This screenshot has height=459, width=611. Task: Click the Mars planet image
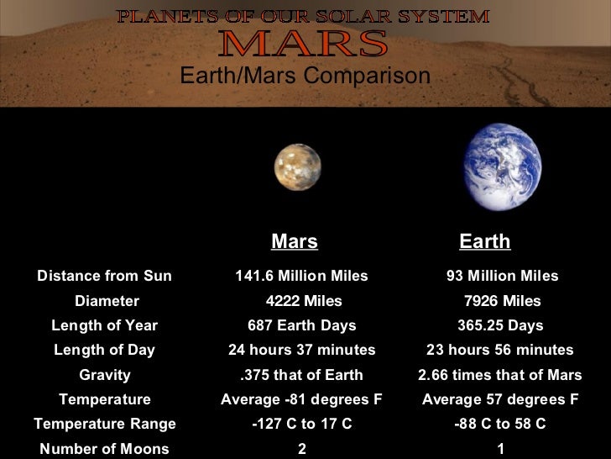coord(297,167)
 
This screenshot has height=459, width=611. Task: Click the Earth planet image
coord(503,166)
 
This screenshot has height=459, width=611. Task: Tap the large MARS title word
coord(303,44)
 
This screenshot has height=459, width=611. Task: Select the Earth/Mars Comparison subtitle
coord(305,76)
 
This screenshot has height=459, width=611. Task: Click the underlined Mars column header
coord(295,242)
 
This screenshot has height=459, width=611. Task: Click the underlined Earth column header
coord(485,242)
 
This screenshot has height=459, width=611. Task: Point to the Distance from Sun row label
coord(104,277)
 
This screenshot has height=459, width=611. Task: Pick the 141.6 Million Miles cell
coord(301,277)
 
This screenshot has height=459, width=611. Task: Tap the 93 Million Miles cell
coord(502,277)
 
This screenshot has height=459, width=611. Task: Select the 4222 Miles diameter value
coord(303,301)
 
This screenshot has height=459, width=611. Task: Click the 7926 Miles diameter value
coord(502,301)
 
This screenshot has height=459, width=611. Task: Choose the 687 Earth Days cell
coord(302,325)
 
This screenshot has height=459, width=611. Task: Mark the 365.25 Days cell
coord(500,325)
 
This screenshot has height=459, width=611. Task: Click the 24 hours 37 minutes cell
coord(302,350)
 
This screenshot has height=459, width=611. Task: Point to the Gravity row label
coord(105,375)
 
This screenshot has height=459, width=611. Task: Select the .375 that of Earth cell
coord(301,375)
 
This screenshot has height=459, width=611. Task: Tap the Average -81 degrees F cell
coord(301,399)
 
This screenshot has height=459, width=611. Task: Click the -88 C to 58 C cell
coord(500,425)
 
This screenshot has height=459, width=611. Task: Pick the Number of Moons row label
coord(104,449)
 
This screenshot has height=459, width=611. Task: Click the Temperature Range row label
coord(104,425)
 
